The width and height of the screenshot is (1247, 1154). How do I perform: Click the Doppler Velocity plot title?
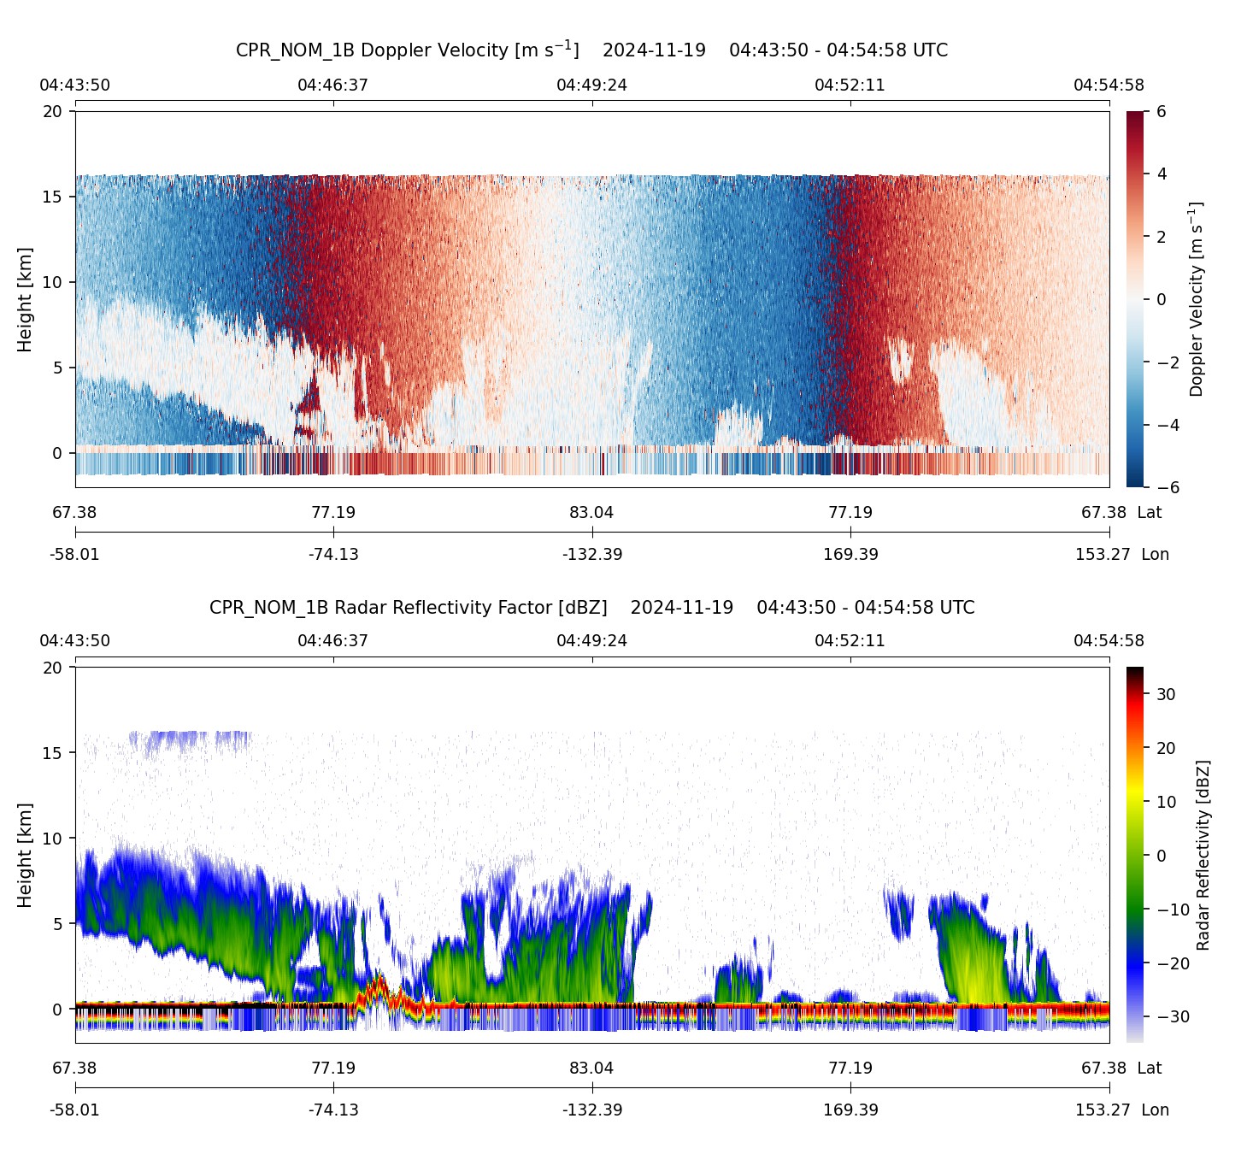pos(591,50)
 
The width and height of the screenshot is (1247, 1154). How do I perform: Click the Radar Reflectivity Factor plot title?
pos(591,608)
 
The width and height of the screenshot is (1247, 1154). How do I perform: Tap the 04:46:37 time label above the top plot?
pos(333,85)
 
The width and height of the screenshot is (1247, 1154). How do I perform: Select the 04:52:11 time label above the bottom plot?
pos(850,640)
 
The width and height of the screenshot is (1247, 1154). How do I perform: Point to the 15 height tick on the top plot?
pos(53,197)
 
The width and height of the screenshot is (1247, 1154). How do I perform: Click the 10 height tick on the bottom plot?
pos(53,838)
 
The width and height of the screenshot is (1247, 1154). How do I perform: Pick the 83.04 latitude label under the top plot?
pos(591,512)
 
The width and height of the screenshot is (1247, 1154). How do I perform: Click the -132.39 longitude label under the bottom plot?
pos(591,1110)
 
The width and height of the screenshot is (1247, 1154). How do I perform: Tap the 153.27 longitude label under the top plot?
pos(1103,554)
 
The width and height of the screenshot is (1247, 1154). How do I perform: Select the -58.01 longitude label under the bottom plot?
pos(75,1110)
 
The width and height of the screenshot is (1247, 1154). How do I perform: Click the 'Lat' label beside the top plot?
pos(1150,512)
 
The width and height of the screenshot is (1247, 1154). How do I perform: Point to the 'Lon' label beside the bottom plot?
pos(1155,1110)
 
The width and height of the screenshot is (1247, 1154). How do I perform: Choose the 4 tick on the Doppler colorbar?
pos(1162,174)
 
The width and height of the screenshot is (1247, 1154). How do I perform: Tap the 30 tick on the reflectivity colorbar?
pos(1166,694)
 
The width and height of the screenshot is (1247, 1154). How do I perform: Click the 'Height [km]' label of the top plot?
pos(25,299)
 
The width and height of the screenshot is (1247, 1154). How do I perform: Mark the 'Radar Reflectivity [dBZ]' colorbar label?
pos(1203,855)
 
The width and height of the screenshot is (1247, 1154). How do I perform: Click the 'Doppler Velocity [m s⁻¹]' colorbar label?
pos(1197,299)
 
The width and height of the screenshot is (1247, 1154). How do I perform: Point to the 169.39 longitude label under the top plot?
pos(850,554)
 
